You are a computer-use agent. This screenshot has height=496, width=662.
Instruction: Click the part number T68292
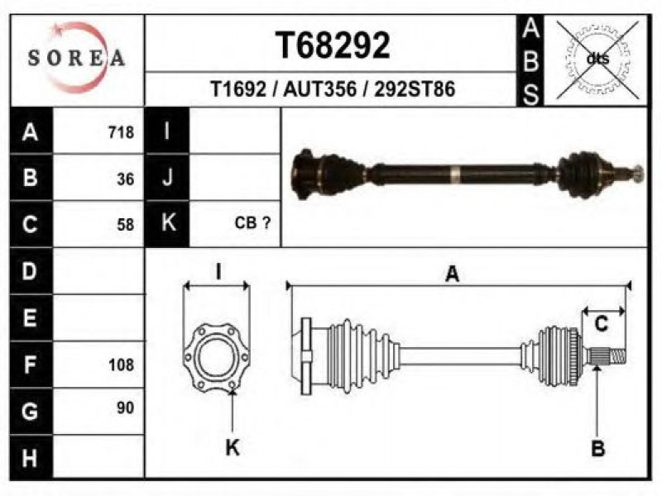pyautogui.click(x=333, y=45)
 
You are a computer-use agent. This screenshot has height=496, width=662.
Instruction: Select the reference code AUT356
pyautogui.click(x=320, y=89)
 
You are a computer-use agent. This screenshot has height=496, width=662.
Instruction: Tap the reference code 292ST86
pyautogui.click(x=415, y=89)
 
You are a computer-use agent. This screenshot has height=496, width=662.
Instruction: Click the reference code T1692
pyautogui.click(x=238, y=89)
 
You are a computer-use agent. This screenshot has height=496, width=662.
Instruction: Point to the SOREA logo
pyautogui.click(x=77, y=57)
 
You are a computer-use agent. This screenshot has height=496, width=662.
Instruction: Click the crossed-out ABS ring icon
pyautogui.click(x=597, y=59)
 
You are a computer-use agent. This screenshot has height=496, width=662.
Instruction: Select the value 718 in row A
pyautogui.click(x=121, y=132)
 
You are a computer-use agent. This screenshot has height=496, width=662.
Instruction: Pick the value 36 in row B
pyautogui.click(x=126, y=179)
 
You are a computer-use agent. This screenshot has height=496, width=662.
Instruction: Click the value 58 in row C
pyautogui.click(x=126, y=224)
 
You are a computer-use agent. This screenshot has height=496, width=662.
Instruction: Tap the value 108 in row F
pyautogui.click(x=121, y=365)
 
